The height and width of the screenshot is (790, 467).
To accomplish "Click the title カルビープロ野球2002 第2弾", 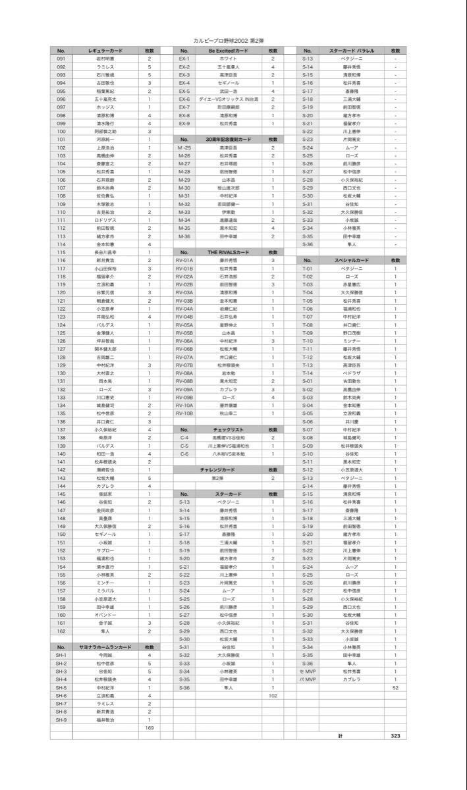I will click(233, 39).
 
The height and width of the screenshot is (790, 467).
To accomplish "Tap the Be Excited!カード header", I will click(229, 51).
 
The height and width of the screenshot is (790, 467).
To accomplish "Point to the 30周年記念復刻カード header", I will click(229, 140).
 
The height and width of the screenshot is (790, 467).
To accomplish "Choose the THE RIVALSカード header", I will click(229, 252).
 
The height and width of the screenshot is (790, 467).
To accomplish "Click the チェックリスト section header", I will click(229, 429).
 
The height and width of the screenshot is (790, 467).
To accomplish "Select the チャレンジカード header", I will click(229, 469).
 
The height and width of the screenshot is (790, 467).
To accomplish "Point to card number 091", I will click(61, 59).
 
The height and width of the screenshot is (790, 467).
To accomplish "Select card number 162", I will click(61, 631).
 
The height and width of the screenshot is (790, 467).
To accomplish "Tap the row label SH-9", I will click(61, 720).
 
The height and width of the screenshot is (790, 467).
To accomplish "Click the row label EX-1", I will click(184, 59).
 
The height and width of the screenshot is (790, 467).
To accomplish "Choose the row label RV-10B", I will click(184, 413).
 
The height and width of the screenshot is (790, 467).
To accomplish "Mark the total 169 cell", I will click(150, 728).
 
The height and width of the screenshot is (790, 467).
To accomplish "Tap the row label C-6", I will click(184, 454).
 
